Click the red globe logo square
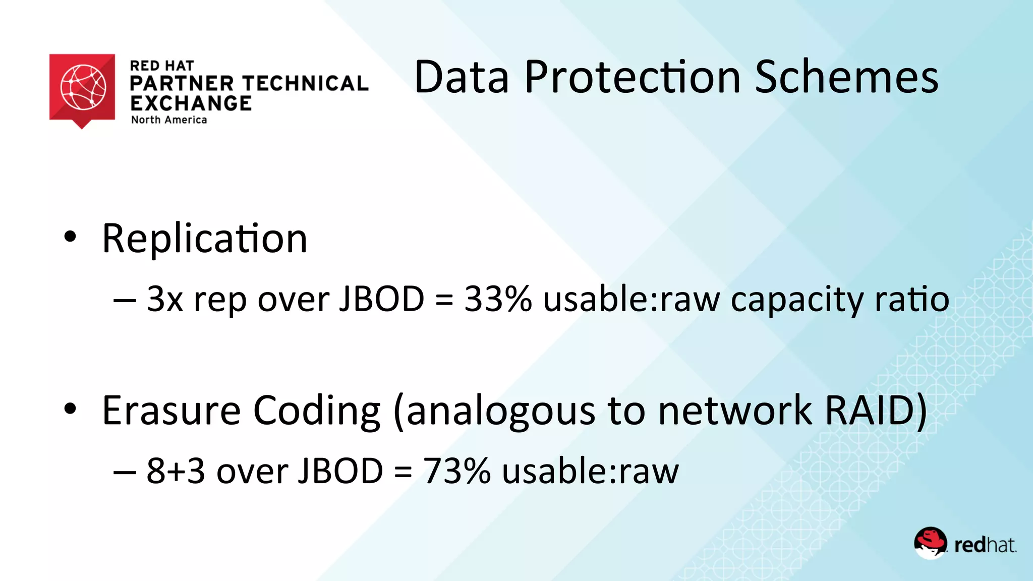pos(82,88)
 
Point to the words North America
pos(169,120)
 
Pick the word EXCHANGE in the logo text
pos(191,103)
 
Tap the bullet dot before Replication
pos(70,237)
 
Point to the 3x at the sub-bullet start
pos(164,299)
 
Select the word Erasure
pos(171,411)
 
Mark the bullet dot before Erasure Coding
pos(70,409)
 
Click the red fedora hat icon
pos(931,542)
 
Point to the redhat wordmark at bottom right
pos(985,545)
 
